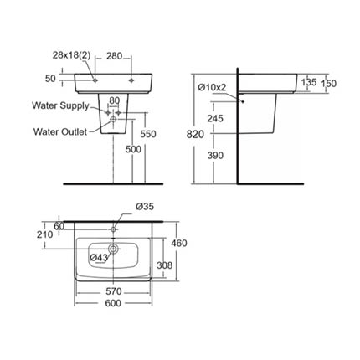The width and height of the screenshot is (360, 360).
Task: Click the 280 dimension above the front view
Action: click(114, 56)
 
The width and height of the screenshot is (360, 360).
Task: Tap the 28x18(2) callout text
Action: click(71, 55)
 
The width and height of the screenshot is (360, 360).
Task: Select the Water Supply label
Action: click(60, 105)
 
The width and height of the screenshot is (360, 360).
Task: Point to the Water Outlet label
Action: click(60, 131)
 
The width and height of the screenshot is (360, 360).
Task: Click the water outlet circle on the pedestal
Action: click(113, 119)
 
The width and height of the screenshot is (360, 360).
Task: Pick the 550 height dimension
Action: click(148, 134)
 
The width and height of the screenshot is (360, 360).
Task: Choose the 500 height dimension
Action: click(133, 150)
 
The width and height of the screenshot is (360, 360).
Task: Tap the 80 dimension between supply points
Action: click(114, 100)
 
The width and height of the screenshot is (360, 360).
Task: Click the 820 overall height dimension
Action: click(195, 135)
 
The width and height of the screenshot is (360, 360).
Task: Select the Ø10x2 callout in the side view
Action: click(212, 87)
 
